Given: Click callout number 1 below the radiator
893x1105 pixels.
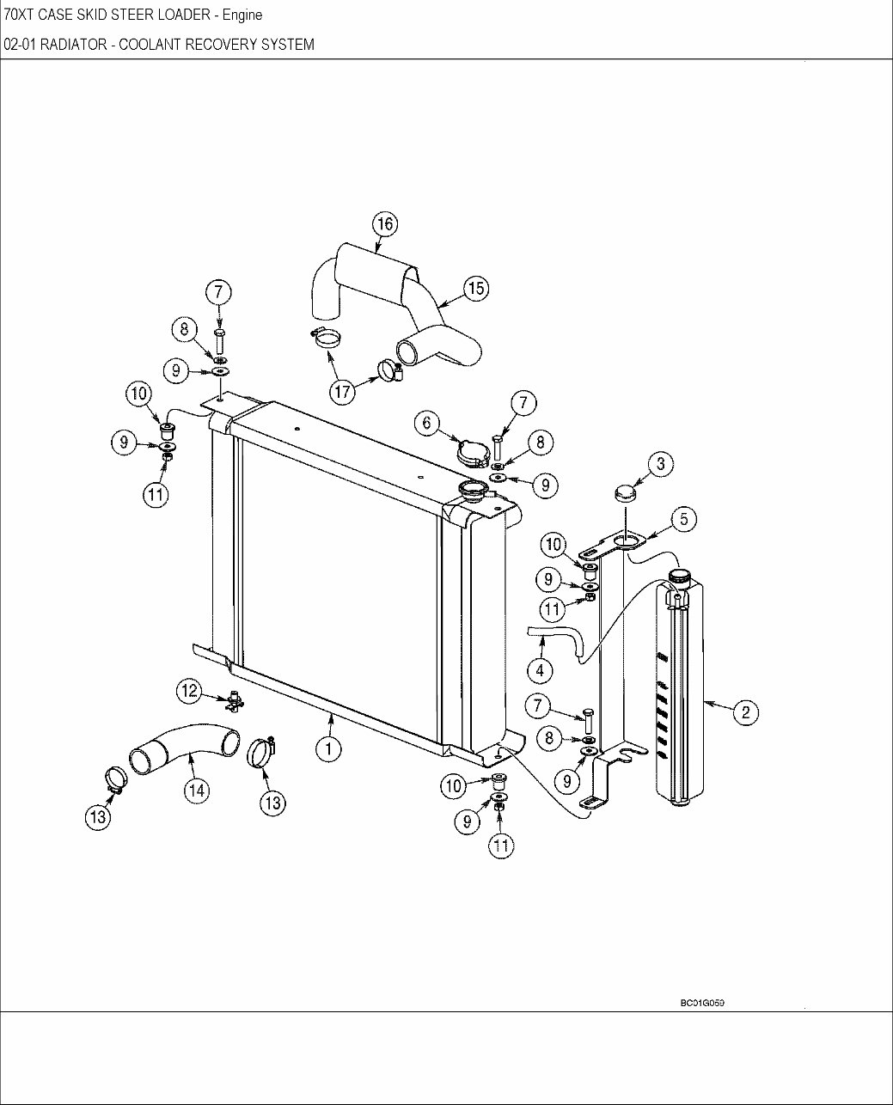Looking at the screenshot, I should click(327, 748).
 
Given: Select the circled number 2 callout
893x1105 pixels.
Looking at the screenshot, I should click(745, 711).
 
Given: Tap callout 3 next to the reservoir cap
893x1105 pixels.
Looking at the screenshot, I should click(660, 465).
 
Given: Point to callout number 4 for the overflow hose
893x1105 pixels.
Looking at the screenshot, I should click(540, 669).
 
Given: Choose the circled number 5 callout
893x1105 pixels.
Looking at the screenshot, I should click(683, 518).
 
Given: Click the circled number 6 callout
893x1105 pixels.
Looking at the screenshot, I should click(427, 423).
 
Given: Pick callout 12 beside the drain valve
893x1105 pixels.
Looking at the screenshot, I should click(190, 690).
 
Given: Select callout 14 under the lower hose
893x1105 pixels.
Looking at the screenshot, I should click(197, 789).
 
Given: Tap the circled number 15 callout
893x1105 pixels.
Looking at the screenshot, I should click(475, 289).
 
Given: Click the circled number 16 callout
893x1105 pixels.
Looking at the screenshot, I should click(385, 224).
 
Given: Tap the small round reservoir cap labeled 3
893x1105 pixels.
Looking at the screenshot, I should click(626, 494).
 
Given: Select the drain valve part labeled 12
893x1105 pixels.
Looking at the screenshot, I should click(233, 701).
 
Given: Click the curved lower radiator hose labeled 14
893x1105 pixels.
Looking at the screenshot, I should click(182, 745).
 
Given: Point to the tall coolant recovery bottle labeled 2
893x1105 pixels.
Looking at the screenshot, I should click(681, 687).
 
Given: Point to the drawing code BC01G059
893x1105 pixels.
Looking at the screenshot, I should click(702, 1003).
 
